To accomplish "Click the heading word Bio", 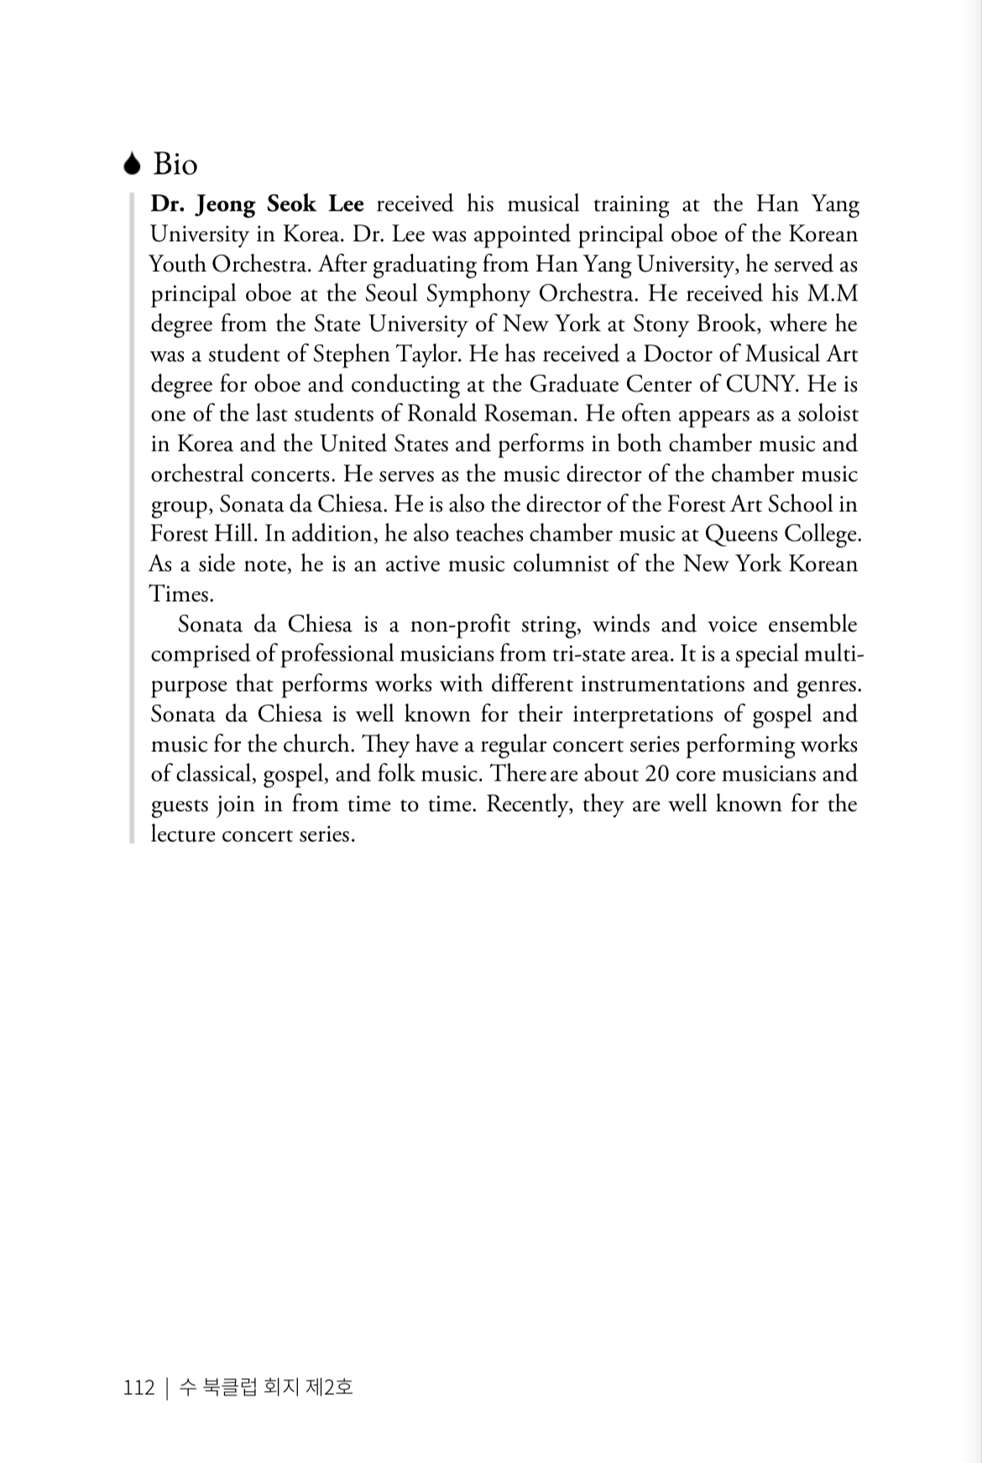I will pos(175,165).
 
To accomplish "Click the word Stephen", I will pos(351,353).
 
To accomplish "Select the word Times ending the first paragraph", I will pos(180,594).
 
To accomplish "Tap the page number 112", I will pos(139,1387).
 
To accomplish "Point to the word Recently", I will pos(529,804).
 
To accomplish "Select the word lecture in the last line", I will pos(182,834).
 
